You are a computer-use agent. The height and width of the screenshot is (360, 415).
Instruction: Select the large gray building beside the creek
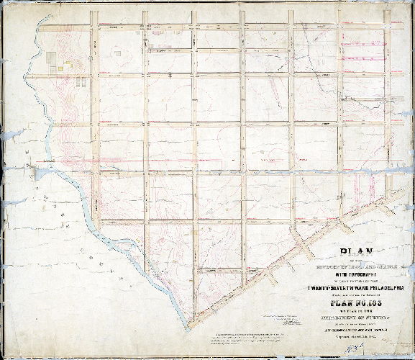point(50,57)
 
